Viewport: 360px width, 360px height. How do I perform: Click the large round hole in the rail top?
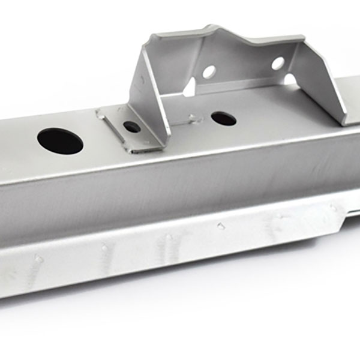[60, 141]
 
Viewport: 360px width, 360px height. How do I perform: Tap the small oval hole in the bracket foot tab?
[131, 127]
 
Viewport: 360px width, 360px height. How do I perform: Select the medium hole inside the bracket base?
[223, 118]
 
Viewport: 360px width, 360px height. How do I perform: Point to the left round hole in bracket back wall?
[209, 72]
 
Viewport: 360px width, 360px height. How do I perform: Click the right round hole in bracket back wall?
[278, 63]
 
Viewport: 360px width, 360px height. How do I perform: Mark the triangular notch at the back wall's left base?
[190, 88]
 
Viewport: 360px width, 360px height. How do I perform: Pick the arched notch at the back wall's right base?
[290, 79]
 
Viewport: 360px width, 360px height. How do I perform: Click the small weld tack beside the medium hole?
[191, 118]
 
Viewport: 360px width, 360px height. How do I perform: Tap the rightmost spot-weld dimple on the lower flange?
[333, 208]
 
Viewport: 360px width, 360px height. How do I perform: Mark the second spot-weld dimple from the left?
[105, 247]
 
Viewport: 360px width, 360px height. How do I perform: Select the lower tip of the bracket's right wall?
[344, 123]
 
